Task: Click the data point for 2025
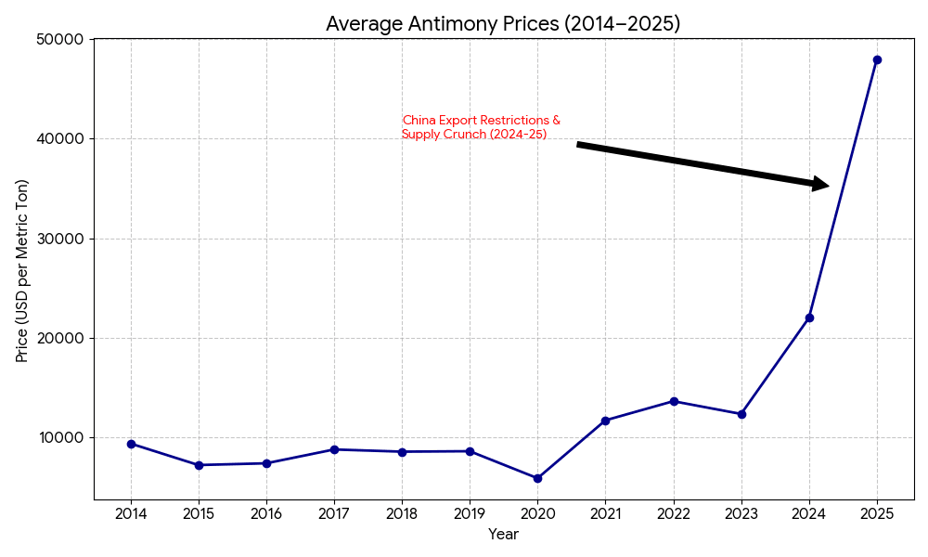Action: click(x=877, y=59)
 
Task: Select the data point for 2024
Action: click(x=809, y=317)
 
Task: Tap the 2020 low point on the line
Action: click(x=537, y=478)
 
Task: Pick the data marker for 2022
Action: click(x=674, y=401)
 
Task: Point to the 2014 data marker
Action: click(x=131, y=444)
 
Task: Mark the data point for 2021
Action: click(x=605, y=421)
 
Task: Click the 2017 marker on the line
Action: click(x=334, y=449)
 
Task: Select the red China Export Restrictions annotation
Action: click(x=481, y=127)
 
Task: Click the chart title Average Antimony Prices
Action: click(x=503, y=24)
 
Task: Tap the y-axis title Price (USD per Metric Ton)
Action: click(x=22, y=270)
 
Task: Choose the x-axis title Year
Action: click(x=503, y=535)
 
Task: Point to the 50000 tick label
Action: click(x=59, y=40)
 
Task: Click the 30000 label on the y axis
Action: click(x=59, y=239)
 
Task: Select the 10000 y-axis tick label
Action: click(x=59, y=437)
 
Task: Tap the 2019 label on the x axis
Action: click(x=470, y=513)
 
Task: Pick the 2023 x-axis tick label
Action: click(x=741, y=513)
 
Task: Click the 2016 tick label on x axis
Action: click(x=266, y=513)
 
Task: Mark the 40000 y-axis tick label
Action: click(x=59, y=139)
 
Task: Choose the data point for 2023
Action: click(x=741, y=414)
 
